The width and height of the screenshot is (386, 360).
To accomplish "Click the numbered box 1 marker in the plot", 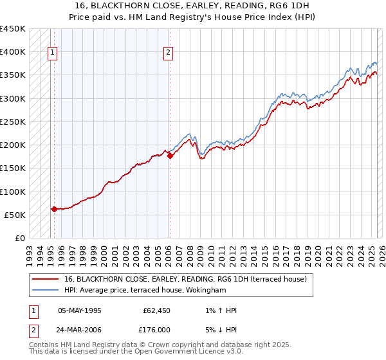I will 52,53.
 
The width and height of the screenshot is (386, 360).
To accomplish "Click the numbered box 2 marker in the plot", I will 168,53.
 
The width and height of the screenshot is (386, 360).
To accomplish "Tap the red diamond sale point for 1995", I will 54,209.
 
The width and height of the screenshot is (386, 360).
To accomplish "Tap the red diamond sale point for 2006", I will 170,156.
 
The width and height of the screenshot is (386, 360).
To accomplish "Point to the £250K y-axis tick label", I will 13,122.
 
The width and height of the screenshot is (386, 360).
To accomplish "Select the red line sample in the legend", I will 45,280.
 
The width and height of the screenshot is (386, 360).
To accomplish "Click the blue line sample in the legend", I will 45,291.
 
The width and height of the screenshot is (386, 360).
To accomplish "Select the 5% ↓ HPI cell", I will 220,329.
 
